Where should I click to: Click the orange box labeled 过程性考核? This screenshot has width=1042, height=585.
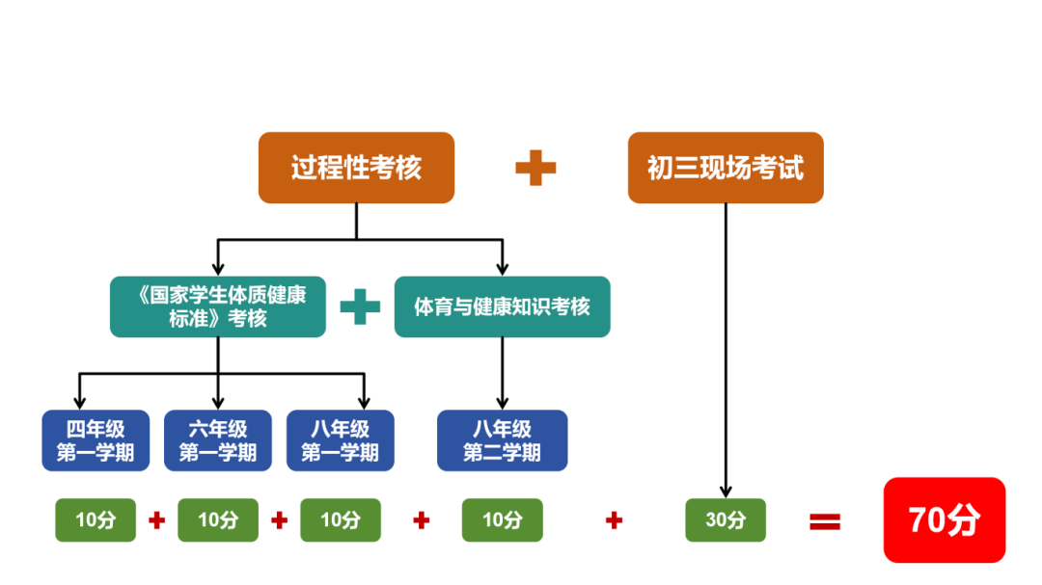356,168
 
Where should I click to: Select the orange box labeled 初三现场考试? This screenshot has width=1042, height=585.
726,168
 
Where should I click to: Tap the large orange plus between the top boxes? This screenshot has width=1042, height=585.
535,168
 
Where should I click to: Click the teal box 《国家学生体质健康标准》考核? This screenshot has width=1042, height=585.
218,306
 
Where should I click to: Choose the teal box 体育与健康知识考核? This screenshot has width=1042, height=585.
502,306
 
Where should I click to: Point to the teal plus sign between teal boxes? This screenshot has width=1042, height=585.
360,306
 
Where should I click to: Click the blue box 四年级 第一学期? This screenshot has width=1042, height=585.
96,440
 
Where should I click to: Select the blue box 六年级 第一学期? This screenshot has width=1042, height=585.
218,440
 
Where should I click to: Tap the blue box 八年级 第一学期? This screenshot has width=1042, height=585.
341,440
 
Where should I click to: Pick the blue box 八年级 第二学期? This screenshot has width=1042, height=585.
502,440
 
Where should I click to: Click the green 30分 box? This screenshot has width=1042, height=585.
726,520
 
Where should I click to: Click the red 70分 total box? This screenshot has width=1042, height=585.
945,520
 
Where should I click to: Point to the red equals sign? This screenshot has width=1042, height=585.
825,521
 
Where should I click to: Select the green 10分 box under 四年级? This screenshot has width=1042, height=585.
96,520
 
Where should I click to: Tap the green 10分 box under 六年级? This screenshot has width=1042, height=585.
218,520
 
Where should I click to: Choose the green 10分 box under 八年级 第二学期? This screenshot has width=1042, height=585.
502,520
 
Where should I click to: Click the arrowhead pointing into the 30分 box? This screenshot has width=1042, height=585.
726,492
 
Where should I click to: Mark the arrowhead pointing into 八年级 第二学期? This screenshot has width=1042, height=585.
502,404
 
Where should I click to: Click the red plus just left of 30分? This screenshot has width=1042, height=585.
614,520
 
